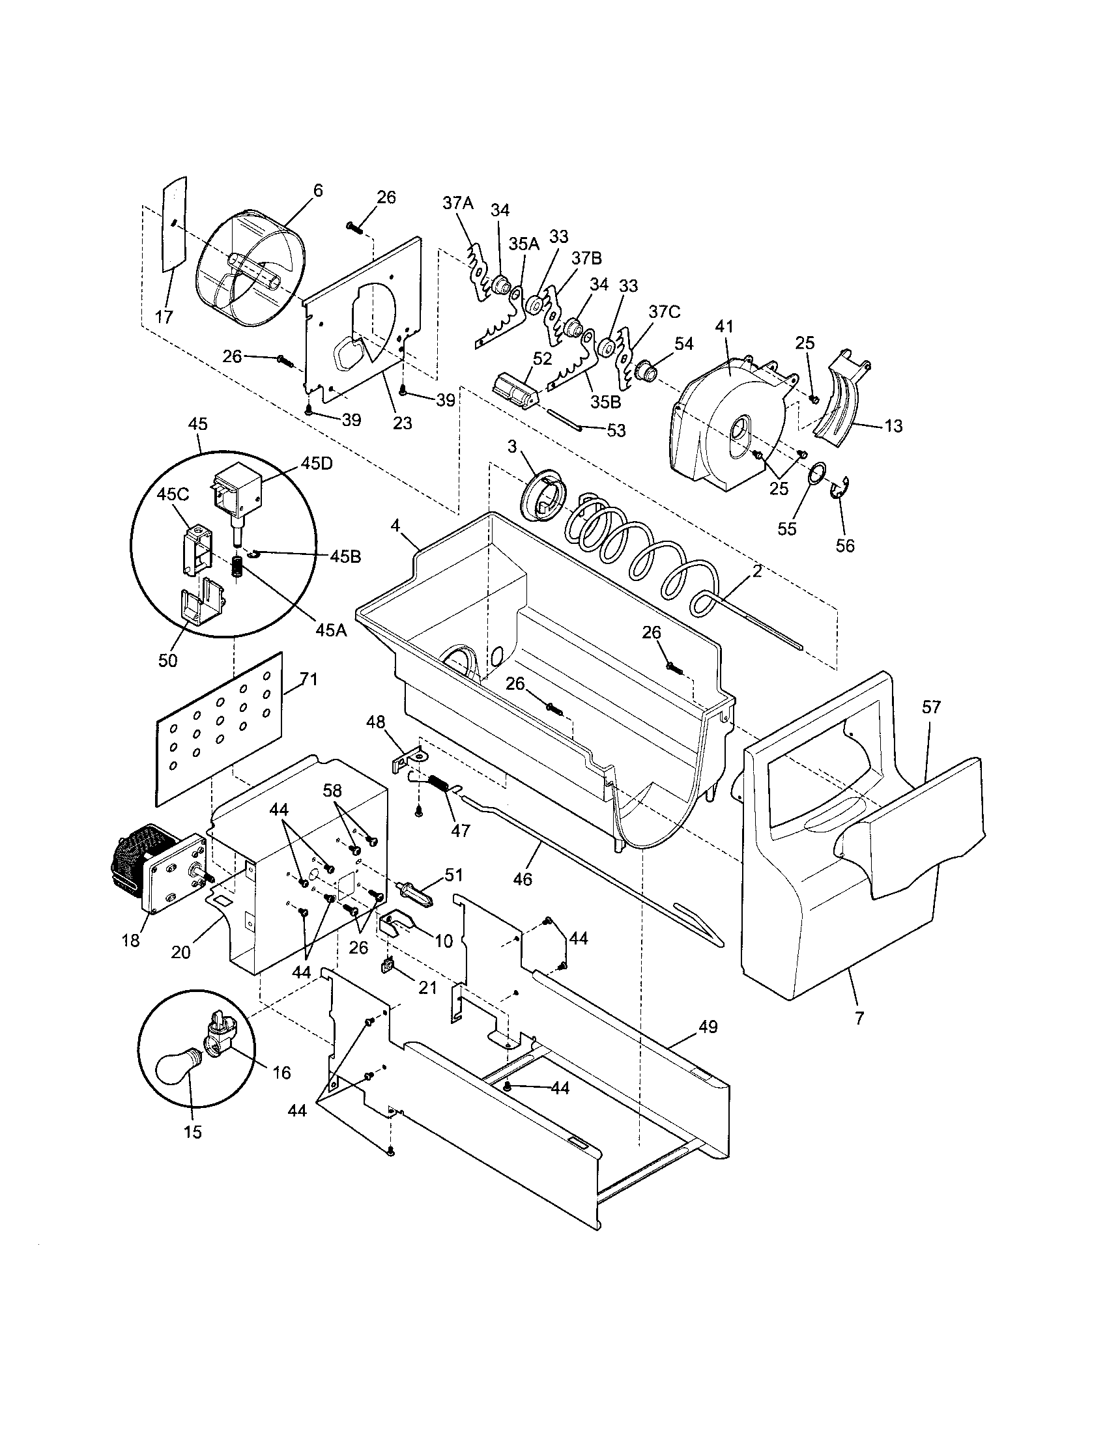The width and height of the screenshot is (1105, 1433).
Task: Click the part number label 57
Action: pos(931,707)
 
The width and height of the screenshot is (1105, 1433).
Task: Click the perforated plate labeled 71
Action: pos(220,727)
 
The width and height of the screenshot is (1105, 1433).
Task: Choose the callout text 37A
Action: pos(457,203)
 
